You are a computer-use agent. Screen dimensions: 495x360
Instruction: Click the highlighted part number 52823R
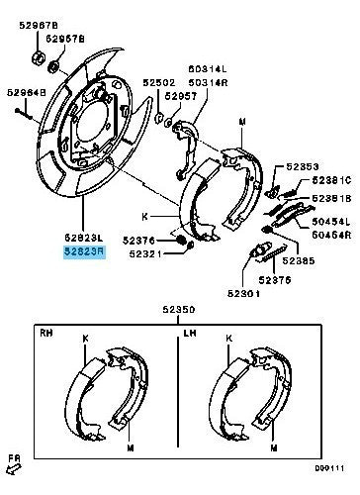(x=83, y=252)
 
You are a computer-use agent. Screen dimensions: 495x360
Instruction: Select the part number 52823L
(x=83, y=239)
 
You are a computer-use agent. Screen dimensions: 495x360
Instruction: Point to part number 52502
(x=157, y=84)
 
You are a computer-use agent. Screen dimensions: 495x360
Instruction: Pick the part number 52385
(x=298, y=261)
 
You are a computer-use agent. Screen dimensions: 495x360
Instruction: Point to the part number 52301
(x=242, y=293)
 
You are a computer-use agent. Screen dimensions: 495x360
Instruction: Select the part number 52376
(x=140, y=240)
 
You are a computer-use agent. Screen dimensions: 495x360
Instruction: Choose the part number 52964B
(x=27, y=92)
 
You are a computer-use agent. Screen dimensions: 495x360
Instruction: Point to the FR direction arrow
(x=14, y=461)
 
